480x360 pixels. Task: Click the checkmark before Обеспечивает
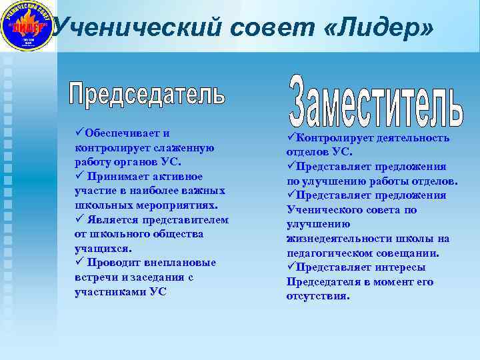coord(79,133)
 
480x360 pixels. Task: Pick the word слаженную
coord(183,147)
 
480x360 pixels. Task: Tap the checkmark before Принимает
coord(79,176)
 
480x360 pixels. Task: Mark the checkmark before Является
coord(79,219)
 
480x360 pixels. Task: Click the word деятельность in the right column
coord(413,137)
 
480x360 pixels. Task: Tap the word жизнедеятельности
coord(339,238)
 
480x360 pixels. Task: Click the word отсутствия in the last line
coord(317,296)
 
